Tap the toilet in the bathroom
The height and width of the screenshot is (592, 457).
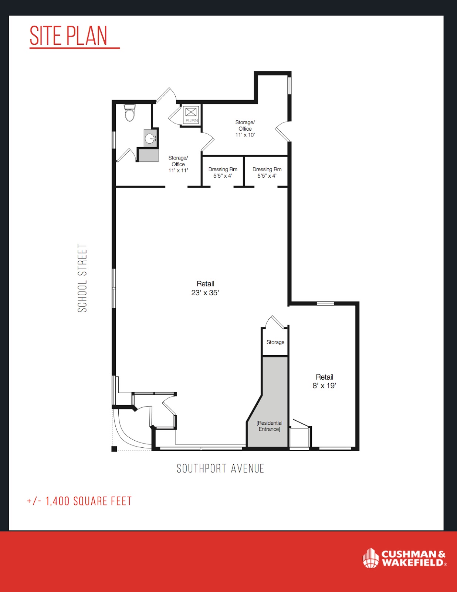click(x=129, y=113)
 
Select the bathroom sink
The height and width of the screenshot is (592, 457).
click(x=150, y=138)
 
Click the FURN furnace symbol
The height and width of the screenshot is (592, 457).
click(x=191, y=115)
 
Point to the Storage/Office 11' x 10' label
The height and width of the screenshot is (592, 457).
click(x=245, y=128)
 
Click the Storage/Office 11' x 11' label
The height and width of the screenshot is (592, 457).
click(x=178, y=164)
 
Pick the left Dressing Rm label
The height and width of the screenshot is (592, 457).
click(x=223, y=172)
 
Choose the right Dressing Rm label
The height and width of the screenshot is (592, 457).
click(x=267, y=172)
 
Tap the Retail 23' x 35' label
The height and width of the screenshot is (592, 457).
click(x=205, y=288)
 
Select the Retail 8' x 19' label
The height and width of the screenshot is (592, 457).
click(x=324, y=381)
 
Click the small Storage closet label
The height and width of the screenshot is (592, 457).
click(x=275, y=342)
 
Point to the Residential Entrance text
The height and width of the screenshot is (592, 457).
click(x=270, y=426)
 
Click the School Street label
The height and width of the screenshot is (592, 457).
click(x=82, y=278)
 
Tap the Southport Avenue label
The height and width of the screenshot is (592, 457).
click(x=220, y=468)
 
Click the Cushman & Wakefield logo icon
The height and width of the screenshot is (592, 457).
click(x=370, y=558)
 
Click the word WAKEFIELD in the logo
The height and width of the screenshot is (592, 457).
click(x=413, y=562)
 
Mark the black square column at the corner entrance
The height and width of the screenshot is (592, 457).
click(x=114, y=449)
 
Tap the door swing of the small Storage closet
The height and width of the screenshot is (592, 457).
click(x=276, y=322)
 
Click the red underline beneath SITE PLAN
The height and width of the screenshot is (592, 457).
click(x=75, y=48)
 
